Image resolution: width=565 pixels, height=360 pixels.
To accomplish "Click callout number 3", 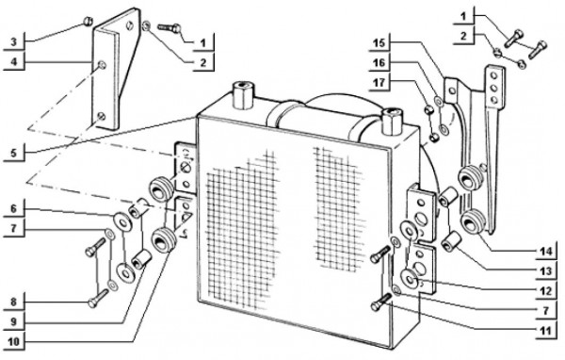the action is (13, 42).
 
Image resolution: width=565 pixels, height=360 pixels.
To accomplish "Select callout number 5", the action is (13, 153).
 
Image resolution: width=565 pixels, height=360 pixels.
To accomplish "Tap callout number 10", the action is (13, 341).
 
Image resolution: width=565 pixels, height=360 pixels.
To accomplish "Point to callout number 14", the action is (546, 252).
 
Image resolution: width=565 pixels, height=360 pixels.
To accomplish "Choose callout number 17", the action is (379, 83).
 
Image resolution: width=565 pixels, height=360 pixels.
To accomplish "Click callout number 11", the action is (546, 331).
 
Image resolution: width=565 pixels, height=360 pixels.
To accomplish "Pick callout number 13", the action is (546, 270).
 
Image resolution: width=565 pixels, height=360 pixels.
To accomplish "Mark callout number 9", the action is (13, 321).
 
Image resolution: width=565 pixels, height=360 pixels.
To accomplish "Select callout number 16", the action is (379, 63).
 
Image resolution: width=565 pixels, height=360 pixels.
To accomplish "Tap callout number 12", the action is (546, 291).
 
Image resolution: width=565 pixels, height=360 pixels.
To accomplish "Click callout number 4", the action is (13, 61).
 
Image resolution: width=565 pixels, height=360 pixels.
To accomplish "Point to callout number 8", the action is (13, 302).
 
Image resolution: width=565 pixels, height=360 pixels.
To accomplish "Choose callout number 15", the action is (379, 43).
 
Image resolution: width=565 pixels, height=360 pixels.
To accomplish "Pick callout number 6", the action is (13, 209).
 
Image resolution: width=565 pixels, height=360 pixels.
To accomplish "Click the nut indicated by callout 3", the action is (88, 22).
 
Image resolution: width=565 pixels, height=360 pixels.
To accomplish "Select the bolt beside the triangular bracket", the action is (169, 27).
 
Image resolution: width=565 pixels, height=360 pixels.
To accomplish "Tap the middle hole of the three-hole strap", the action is (494, 88).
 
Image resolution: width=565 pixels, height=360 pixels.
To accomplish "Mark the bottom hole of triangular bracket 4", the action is (102, 116).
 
